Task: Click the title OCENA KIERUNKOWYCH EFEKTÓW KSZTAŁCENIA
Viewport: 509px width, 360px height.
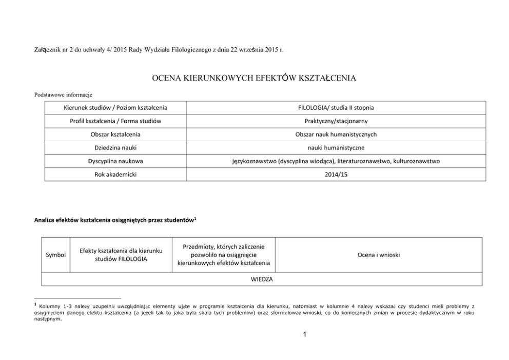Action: [254, 79]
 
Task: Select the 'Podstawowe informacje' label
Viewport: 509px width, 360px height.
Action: [63, 94]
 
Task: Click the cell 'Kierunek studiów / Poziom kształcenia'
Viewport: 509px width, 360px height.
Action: [115, 108]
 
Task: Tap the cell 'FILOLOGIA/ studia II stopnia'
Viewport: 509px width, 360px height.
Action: [336, 108]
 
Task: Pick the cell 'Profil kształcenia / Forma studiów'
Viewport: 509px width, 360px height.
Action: [115, 121]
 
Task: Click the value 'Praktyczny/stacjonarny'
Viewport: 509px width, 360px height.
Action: [336, 121]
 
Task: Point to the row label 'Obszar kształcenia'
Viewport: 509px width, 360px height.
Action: [115, 135]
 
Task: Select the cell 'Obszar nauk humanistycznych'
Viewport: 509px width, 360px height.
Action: [336, 135]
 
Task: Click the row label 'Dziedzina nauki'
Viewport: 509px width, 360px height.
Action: [115, 147]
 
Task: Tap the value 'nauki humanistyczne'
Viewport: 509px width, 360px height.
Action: [336, 147]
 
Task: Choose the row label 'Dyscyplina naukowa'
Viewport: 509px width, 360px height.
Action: [115, 161]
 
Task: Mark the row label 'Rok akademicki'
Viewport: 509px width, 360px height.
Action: [115, 174]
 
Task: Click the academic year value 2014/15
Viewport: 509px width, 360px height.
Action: [336, 174]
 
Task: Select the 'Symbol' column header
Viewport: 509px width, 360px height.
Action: [55, 254]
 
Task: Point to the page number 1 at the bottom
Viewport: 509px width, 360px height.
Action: [305, 335]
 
